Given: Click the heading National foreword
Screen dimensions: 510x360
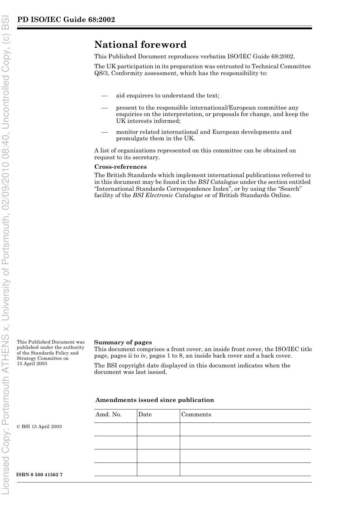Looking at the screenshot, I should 140,45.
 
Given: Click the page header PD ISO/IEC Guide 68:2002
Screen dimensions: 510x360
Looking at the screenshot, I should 66,20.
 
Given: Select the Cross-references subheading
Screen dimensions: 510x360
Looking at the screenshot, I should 120,167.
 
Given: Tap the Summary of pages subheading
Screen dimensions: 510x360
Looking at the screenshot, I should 123,342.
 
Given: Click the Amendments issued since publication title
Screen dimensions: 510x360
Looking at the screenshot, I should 155,400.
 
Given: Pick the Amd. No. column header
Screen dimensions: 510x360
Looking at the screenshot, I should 108,414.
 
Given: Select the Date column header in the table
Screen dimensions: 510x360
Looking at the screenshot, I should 145,414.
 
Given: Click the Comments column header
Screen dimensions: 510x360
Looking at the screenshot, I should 196,414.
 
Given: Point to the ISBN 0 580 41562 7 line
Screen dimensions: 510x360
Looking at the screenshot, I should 39,475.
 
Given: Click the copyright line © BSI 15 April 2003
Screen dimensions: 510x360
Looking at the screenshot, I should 39,427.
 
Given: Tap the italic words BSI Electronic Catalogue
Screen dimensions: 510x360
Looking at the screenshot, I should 168,196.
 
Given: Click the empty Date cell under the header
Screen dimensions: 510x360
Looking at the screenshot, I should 158,429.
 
